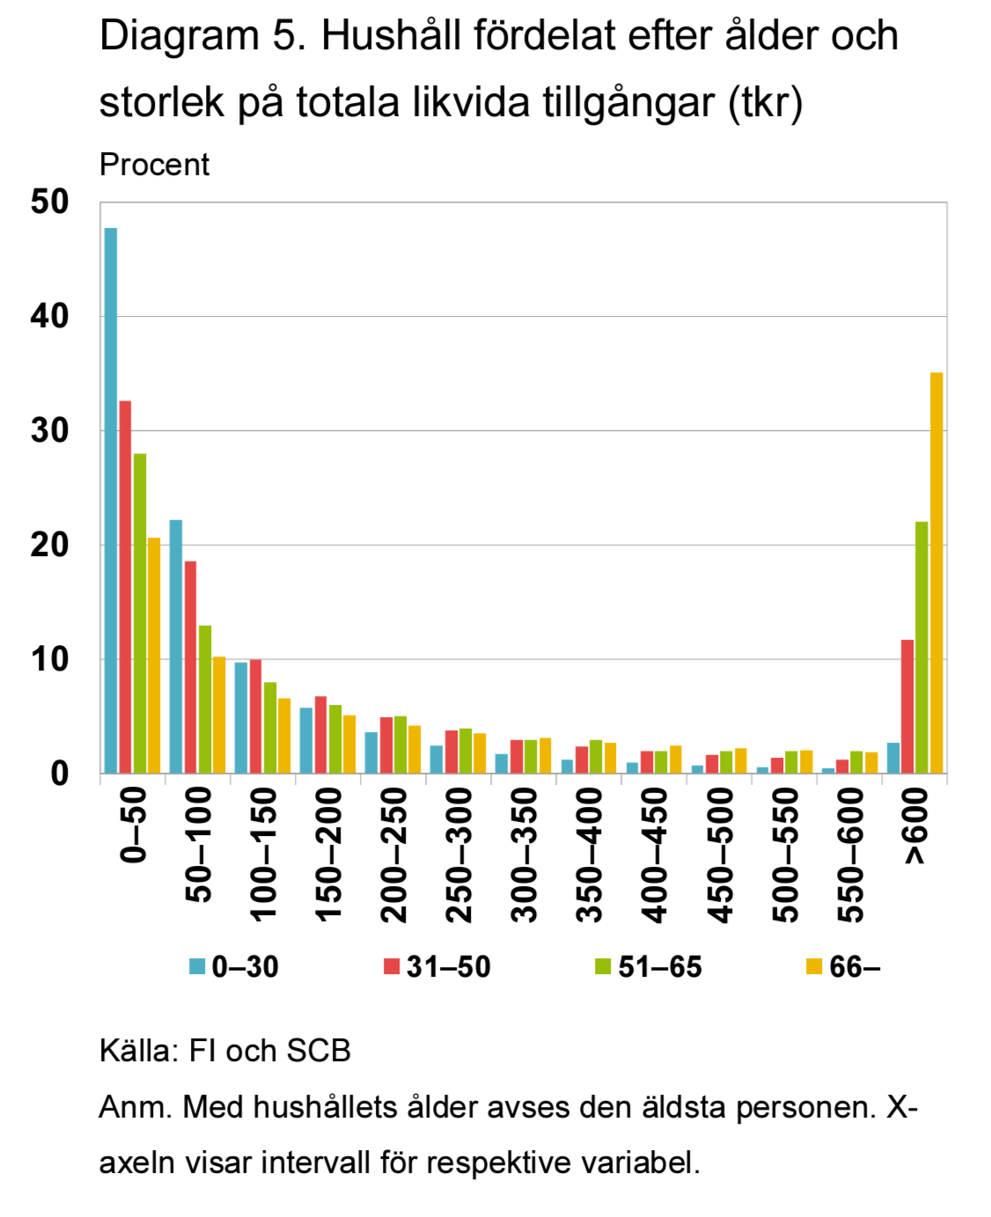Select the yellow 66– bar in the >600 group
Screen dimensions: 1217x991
point(936,573)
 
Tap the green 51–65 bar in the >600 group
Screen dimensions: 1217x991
point(921,648)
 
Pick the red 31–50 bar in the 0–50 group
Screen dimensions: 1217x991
point(125,587)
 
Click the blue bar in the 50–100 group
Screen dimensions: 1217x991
point(176,647)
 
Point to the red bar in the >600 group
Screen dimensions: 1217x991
point(907,707)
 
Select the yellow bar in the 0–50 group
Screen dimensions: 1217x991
point(154,656)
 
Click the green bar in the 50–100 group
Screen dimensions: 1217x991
point(205,700)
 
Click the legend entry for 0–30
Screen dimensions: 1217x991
point(234,967)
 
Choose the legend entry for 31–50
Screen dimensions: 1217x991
point(437,967)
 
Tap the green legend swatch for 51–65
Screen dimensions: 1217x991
point(603,967)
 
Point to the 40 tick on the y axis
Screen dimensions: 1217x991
point(49,317)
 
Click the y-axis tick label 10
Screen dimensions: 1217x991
point(49,659)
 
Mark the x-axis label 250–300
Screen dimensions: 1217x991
point(459,854)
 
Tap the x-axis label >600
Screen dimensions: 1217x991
point(915,826)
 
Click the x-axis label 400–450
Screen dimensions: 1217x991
point(654,854)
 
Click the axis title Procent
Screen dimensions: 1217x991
point(154,165)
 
